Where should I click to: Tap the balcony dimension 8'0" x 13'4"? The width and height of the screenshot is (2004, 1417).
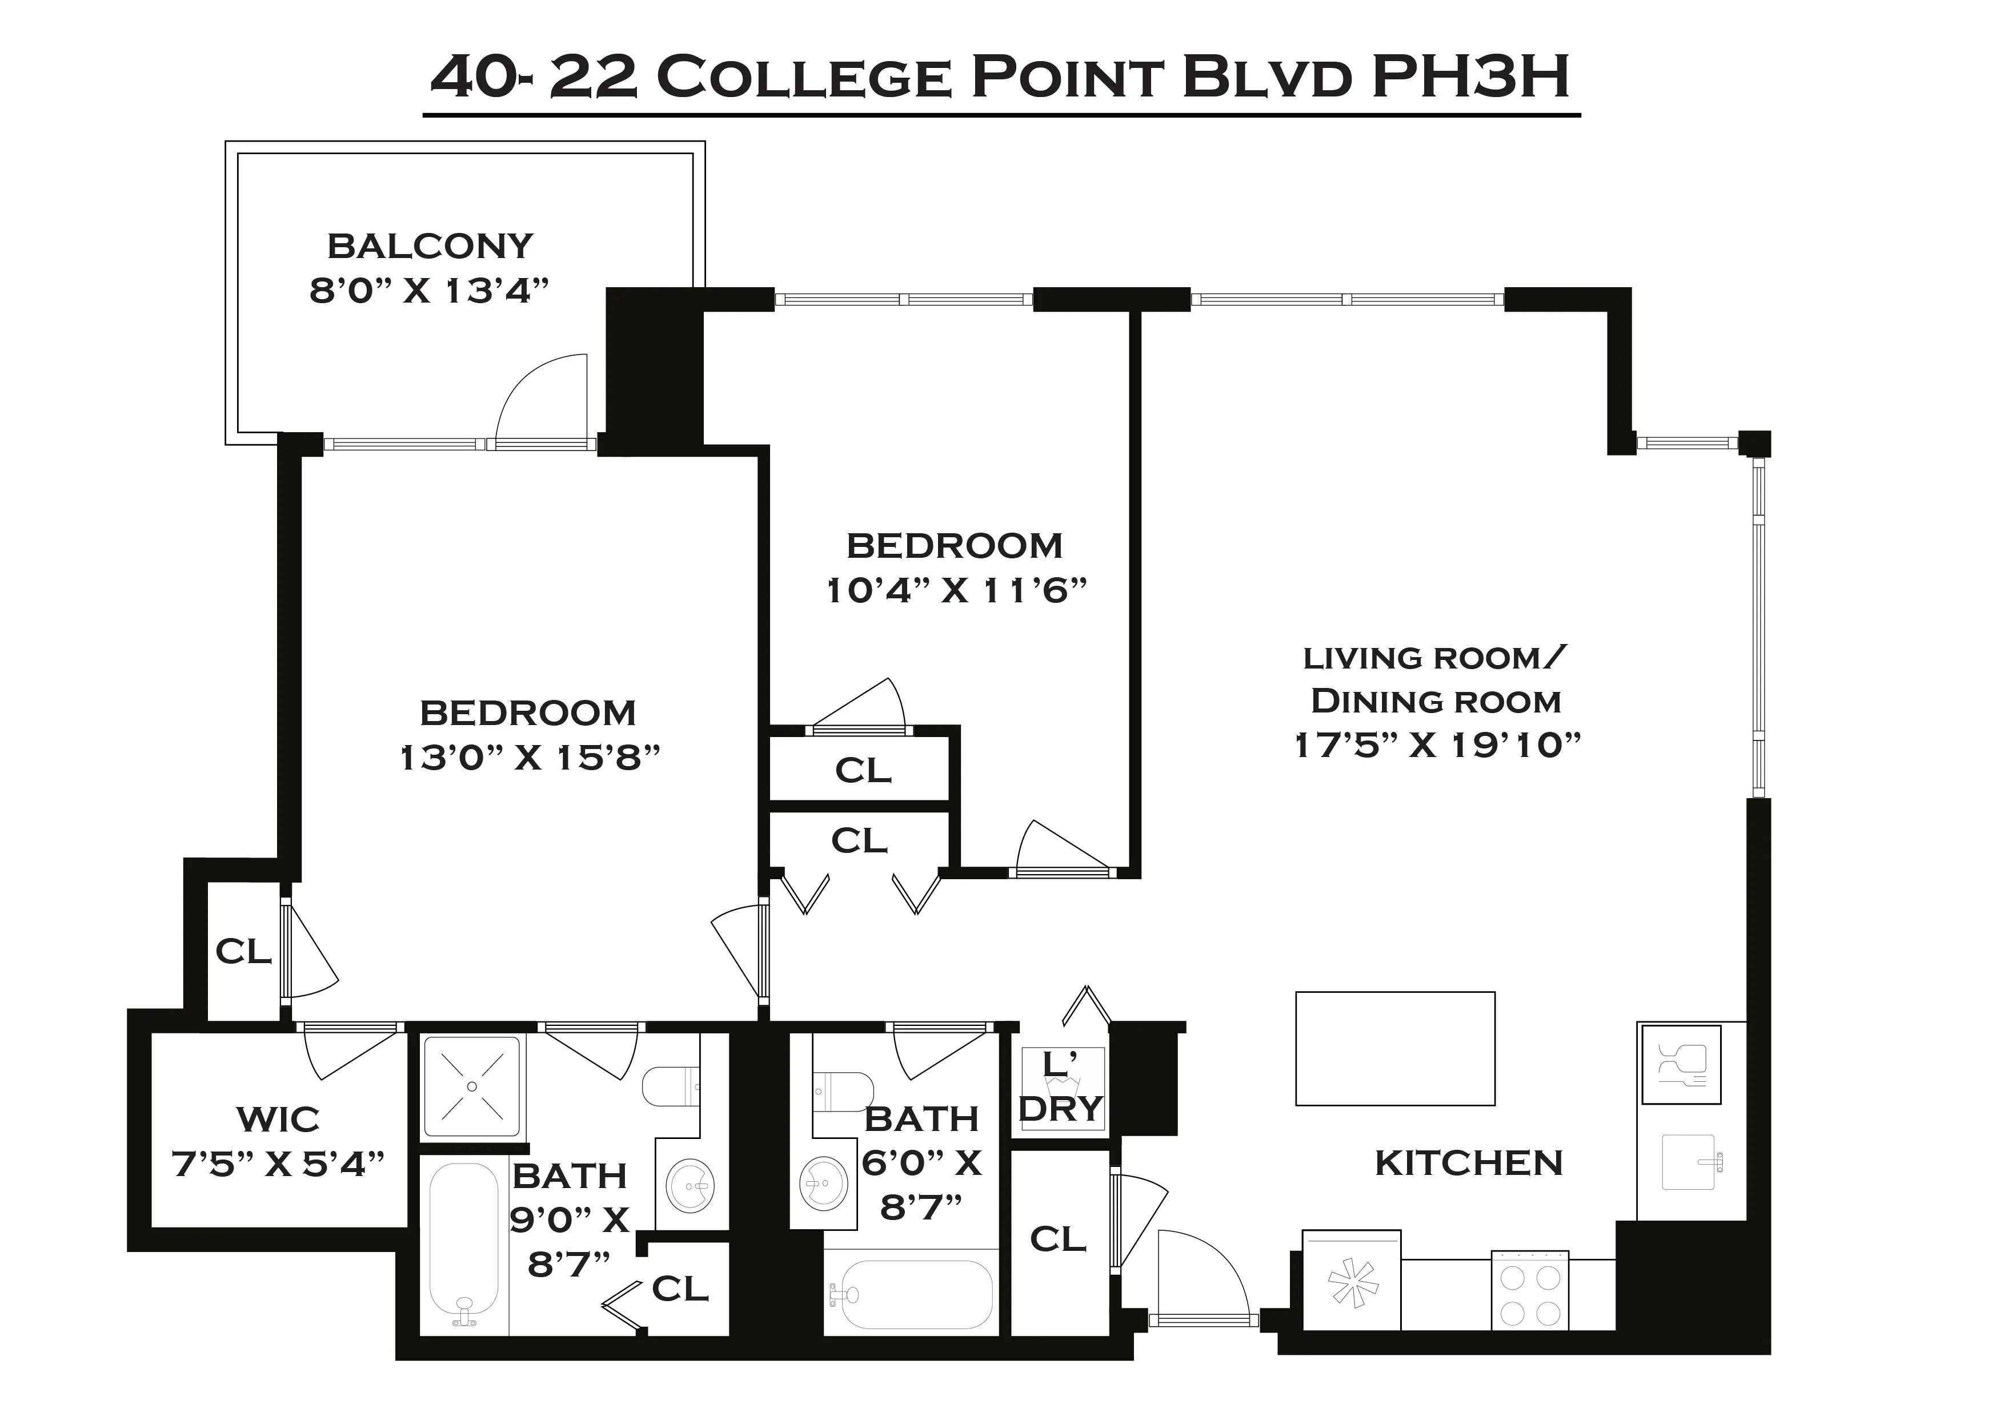click(x=430, y=291)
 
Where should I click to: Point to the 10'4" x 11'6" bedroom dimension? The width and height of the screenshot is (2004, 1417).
click(x=956, y=591)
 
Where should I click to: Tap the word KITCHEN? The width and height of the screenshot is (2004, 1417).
click(x=1468, y=1162)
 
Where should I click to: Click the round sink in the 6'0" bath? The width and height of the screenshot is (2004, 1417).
click(x=823, y=1185)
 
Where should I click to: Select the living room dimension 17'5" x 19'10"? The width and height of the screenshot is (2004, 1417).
click(x=1437, y=745)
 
